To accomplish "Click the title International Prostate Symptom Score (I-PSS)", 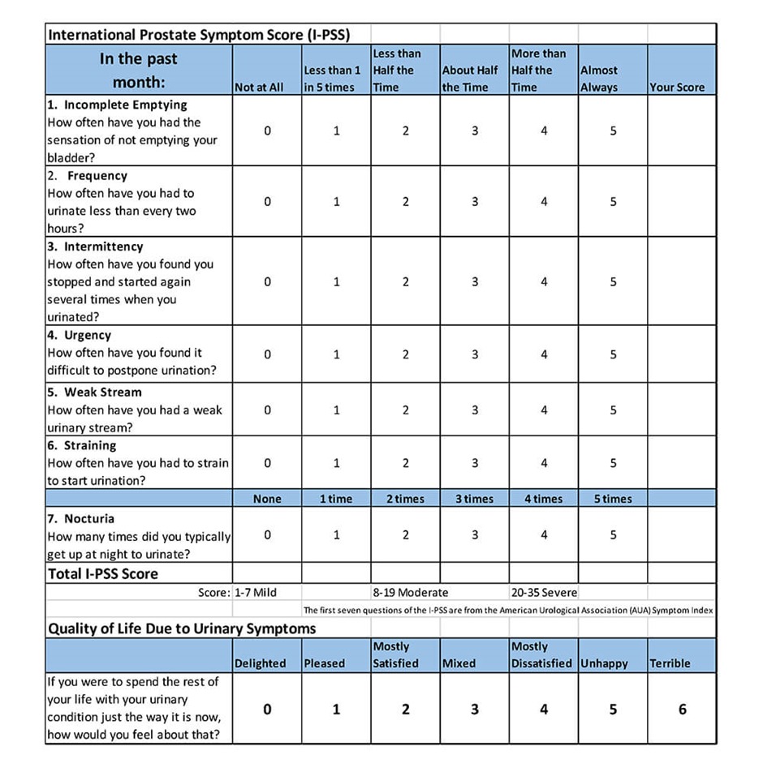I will click(195, 35).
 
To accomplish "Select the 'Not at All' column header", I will click(259, 88).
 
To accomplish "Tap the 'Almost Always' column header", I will click(599, 79).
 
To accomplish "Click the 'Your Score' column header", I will click(677, 88).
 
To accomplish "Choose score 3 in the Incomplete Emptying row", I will click(475, 131).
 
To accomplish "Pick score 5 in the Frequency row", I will click(614, 202).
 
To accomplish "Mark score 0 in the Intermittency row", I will click(267, 281).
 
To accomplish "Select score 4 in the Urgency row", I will click(544, 354).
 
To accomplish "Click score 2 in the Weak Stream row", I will click(406, 410).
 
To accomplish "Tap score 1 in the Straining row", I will click(337, 463).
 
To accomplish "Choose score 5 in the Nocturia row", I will click(614, 535).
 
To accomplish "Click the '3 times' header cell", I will click(475, 499).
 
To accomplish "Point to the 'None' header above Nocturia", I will click(267, 499).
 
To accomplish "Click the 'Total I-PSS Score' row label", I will click(103, 574).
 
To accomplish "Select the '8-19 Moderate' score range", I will click(410, 593).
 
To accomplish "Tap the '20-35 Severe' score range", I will click(544, 593).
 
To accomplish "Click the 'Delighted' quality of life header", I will click(260, 663).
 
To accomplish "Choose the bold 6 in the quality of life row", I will click(683, 710).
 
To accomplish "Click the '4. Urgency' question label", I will click(80, 335).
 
